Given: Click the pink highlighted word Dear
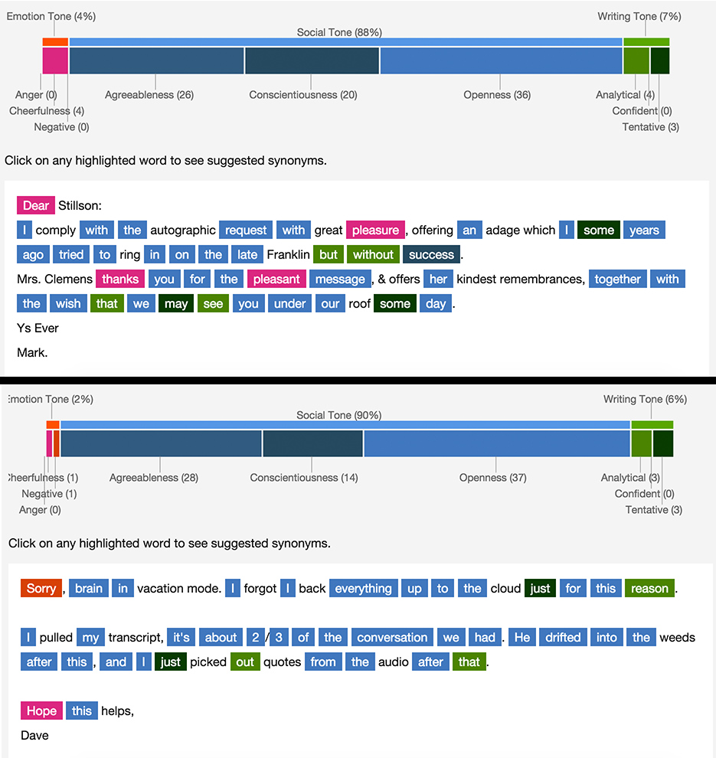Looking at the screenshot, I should coord(36,205).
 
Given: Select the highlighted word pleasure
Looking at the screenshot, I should coord(375,230).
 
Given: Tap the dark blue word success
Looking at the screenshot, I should coord(431,254).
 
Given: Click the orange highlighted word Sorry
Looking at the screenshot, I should coord(41,588).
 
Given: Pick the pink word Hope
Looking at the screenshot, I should coord(41,711).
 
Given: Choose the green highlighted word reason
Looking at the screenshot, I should coord(649,588).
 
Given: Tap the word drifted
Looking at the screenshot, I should coord(563,637).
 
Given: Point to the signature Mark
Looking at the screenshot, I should coord(31,352).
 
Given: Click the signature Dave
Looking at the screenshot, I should coord(34,735).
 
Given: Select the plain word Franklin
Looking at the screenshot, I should coord(288,254).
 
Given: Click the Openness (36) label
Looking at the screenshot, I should coord(497,95).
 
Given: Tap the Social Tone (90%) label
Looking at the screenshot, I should coord(339,415).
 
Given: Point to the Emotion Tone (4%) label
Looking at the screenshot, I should coord(51,16).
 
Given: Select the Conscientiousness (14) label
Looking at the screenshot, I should coord(304,478).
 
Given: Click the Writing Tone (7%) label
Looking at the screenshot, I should coord(639,16).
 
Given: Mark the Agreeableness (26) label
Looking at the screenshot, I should coord(149,95).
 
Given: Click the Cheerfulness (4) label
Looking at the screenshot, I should coord(47,111).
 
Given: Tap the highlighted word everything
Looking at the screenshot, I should coord(363,588).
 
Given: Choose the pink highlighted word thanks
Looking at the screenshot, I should coord(120,279).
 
